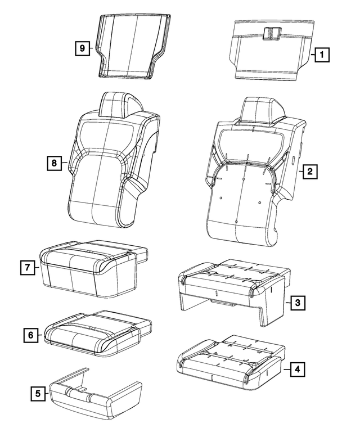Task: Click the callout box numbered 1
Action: point(321,55)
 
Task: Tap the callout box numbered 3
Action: point(298,303)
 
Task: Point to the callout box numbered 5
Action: point(38,394)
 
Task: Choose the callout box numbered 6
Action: point(31,335)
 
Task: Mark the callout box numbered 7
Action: point(27,268)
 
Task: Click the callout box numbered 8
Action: point(54,163)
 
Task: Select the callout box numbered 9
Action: point(82,48)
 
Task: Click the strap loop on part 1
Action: point(274,33)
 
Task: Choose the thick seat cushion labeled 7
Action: point(90,270)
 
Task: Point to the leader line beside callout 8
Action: point(64,163)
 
